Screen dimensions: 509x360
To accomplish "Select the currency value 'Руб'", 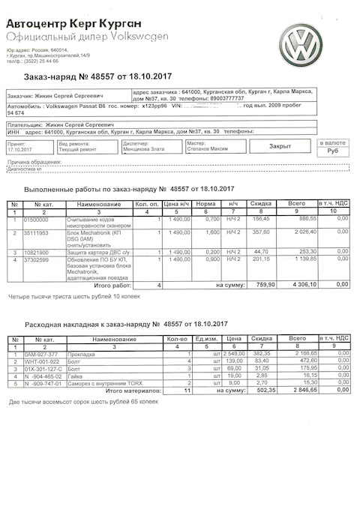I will pos(333,150).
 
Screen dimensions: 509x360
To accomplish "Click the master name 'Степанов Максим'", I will pos(208,149).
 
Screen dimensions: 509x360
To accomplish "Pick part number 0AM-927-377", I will pos(43,355).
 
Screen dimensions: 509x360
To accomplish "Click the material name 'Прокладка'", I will pos(83,355).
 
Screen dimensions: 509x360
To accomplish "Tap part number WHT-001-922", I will pos(41,362).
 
